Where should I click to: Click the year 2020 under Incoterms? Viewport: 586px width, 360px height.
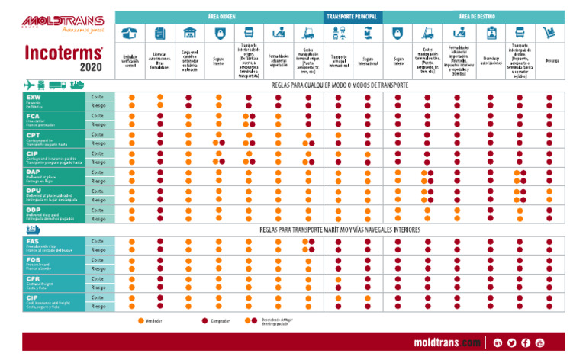[x=90, y=66]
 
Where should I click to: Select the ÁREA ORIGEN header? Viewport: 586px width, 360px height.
[x=221, y=16]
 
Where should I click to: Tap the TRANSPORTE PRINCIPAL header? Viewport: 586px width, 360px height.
[x=353, y=16]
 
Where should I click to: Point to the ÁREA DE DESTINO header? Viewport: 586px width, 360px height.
[x=474, y=16]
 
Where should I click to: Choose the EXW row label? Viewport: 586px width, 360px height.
[x=34, y=98]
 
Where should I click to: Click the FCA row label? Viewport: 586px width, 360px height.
[x=34, y=117]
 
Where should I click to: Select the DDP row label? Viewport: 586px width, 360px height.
[x=34, y=210]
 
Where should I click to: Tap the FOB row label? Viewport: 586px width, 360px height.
[x=34, y=260]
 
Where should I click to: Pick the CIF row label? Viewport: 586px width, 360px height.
[x=33, y=297]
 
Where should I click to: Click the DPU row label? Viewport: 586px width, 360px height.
[x=34, y=191]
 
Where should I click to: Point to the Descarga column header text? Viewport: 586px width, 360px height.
[x=552, y=60]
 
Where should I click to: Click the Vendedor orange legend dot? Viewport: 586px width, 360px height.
[x=141, y=321]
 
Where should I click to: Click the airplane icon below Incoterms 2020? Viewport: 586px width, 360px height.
[x=31, y=85]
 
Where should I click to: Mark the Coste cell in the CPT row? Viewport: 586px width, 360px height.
[x=98, y=135]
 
